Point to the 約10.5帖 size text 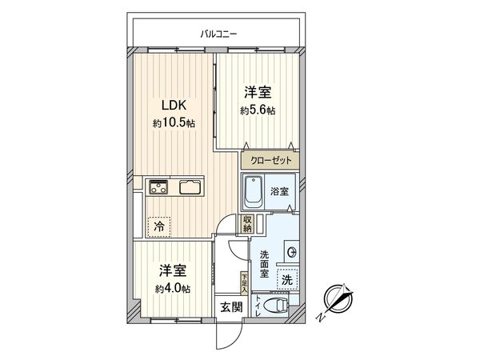(x=174, y=123)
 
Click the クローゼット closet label (x=270, y=161)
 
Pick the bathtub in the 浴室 (x=257, y=192)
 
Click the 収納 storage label (x=248, y=223)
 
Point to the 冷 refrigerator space (x=159, y=227)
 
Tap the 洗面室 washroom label (x=264, y=264)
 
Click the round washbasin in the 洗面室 (x=291, y=252)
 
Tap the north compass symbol (x=338, y=300)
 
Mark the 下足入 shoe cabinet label (x=244, y=282)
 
